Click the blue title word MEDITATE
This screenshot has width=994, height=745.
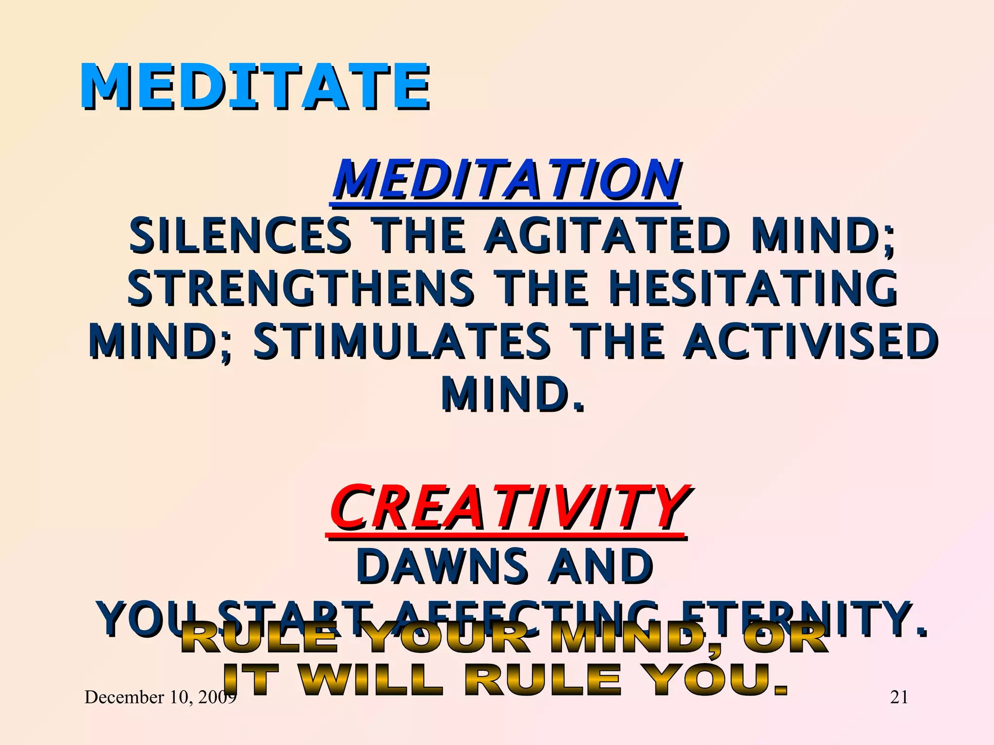point(254,86)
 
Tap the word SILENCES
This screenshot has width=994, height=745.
point(240,236)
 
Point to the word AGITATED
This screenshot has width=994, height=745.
point(607,236)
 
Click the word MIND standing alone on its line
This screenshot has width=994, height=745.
point(512,394)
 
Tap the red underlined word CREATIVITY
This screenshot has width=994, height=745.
point(507,508)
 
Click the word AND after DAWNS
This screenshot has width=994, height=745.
point(600,566)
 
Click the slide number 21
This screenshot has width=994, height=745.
point(899,697)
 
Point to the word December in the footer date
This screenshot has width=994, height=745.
point(124,697)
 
